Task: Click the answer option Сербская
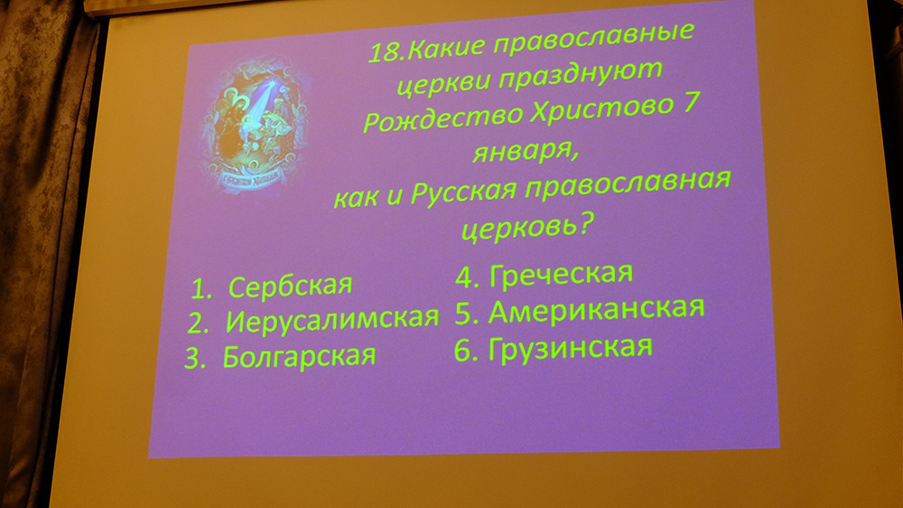[x=290, y=286]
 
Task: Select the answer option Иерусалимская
[x=332, y=320]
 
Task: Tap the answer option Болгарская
[x=299, y=356]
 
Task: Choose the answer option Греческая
[x=561, y=274]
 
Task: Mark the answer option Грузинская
[x=570, y=348]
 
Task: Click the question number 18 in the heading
[x=386, y=52]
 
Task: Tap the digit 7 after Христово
[x=690, y=101]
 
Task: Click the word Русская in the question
[x=462, y=192]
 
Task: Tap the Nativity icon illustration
[x=254, y=124]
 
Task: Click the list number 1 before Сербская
[x=201, y=289]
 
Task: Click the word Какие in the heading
[x=447, y=48]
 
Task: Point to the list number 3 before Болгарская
[x=195, y=359]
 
